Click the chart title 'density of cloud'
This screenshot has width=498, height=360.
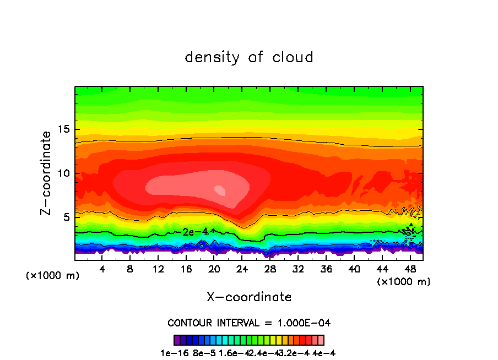(x=249, y=57)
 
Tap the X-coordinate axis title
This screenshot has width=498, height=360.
(x=249, y=297)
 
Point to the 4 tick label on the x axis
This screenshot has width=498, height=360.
(x=102, y=269)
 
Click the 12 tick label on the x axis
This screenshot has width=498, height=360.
(x=158, y=269)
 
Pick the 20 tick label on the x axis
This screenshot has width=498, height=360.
(x=214, y=269)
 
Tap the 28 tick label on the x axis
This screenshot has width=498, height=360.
(x=270, y=269)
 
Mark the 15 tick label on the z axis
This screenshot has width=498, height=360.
(x=63, y=130)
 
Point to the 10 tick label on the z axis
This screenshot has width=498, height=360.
(x=63, y=173)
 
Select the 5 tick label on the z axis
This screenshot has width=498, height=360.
(x=66, y=217)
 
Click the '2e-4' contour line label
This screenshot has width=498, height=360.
(x=195, y=232)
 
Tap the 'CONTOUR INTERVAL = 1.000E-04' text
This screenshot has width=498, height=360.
(x=249, y=323)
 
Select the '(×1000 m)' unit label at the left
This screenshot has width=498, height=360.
(x=53, y=276)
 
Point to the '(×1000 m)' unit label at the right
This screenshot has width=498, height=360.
(x=404, y=282)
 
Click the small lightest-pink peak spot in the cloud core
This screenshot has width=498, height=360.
(x=220, y=190)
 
